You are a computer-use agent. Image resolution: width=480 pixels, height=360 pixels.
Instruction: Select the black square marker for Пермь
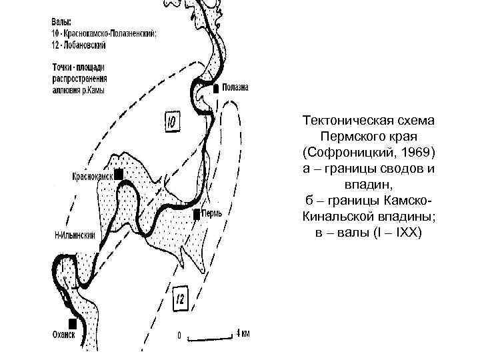[x=197, y=215]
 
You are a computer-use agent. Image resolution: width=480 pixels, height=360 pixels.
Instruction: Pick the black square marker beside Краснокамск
[x=119, y=175]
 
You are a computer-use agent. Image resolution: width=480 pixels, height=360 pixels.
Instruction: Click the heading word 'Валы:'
[x=61, y=22]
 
